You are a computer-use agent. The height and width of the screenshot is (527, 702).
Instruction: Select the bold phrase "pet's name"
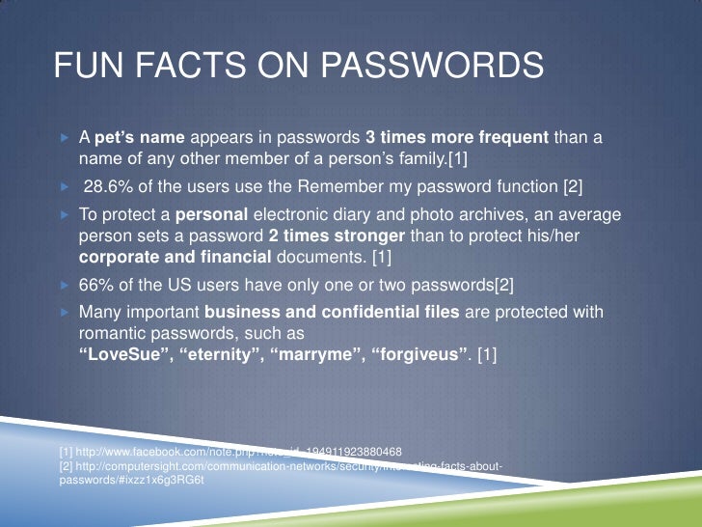(x=132, y=138)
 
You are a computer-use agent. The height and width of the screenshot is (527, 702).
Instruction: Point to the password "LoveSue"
(x=123, y=355)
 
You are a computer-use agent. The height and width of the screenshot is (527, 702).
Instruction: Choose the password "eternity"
(x=222, y=355)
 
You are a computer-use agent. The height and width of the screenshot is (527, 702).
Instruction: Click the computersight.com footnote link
(x=280, y=465)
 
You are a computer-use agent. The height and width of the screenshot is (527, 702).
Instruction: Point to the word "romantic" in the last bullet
(x=110, y=333)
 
